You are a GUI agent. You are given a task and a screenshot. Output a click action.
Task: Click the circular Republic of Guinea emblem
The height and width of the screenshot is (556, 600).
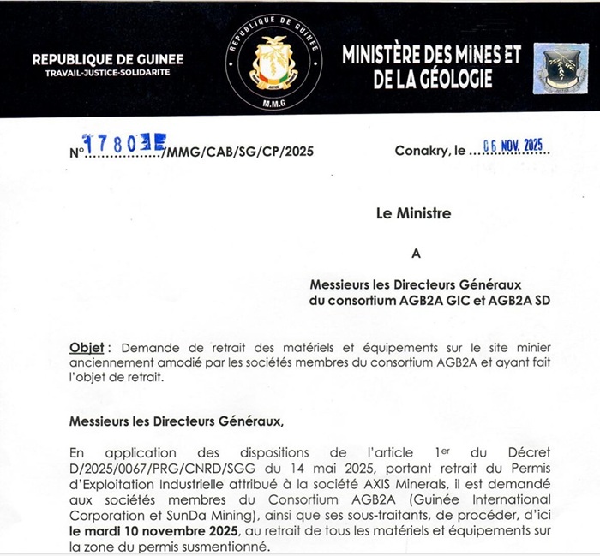272,60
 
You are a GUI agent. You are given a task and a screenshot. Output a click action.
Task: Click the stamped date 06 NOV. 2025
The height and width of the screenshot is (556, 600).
513,146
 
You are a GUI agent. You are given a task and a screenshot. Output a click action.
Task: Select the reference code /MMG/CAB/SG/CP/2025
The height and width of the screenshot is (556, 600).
240,152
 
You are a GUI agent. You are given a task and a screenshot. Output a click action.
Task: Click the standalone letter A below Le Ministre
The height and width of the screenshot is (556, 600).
417,253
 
